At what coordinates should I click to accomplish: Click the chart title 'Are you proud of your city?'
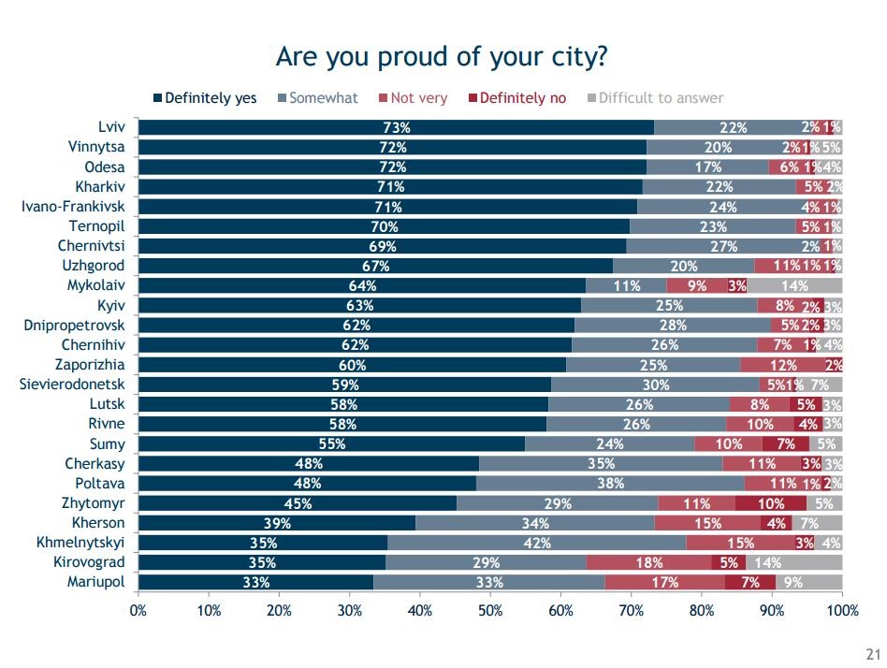pos(443,57)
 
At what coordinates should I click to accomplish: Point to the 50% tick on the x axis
pos(490,611)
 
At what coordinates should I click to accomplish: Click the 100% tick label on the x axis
pos(842,611)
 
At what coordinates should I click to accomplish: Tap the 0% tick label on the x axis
pos(138,611)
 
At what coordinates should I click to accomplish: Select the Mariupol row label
pos(96,582)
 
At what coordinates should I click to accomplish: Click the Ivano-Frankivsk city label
pos(74,206)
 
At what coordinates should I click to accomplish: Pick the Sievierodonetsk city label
pos(72,384)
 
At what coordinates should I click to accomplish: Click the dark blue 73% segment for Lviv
pos(396,127)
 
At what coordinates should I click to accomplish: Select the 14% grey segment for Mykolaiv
pos(794,285)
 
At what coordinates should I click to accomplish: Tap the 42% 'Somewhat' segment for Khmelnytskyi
pos(536,543)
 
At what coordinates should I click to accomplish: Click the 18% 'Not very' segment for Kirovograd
pos(649,562)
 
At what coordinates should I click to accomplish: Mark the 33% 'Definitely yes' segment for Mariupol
pos(255,582)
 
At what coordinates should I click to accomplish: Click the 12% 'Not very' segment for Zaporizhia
pos(782,365)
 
